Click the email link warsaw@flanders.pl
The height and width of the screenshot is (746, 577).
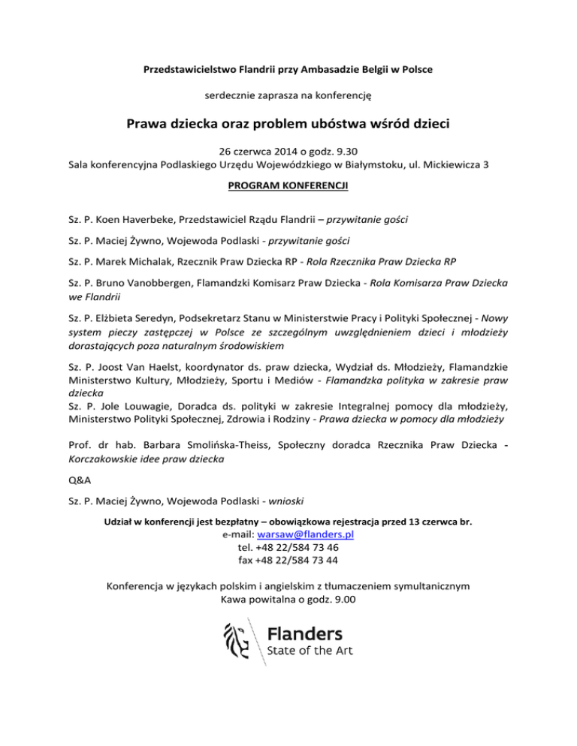click(x=305, y=534)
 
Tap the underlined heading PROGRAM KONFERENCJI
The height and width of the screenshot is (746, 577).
click(x=288, y=181)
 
